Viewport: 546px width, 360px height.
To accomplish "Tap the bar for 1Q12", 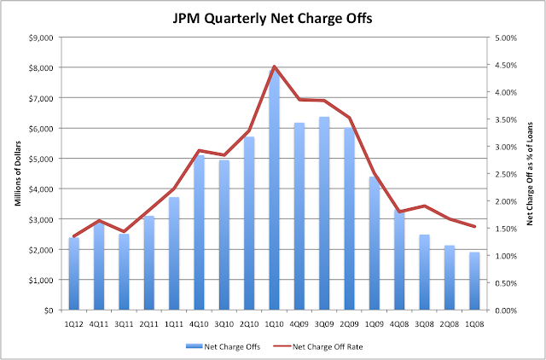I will [x=74, y=274].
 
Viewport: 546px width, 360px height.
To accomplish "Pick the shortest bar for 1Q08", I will [x=473, y=282].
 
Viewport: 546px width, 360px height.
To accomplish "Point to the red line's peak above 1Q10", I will [x=274, y=66].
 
